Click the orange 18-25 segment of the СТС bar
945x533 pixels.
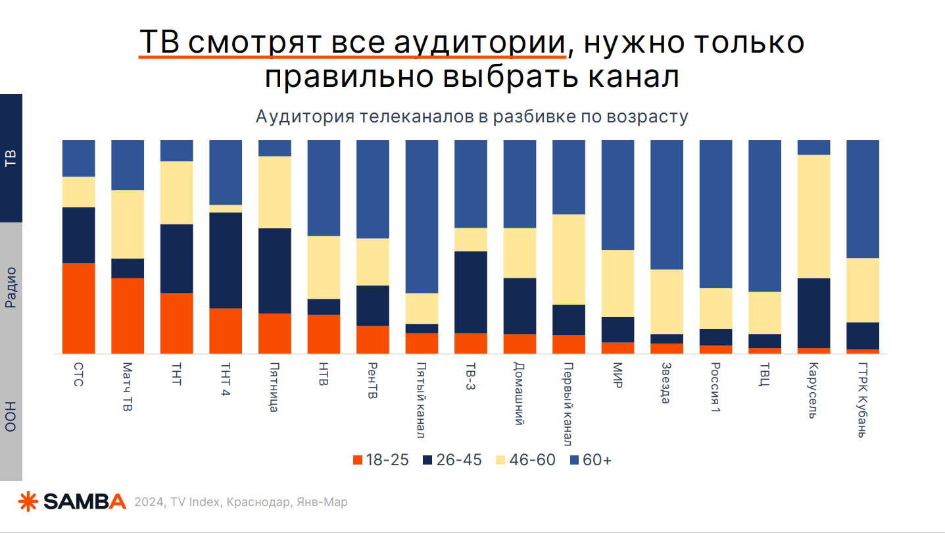pyautogui.click(x=78, y=308)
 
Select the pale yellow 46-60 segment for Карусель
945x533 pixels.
pyautogui.click(x=813, y=216)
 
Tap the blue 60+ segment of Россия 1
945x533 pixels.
pyautogui.click(x=715, y=214)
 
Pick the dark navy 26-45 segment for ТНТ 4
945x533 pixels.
pyautogui.click(x=226, y=260)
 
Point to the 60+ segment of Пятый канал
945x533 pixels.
pyautogui.click(x=422, y=216)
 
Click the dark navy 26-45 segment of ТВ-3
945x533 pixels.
pyautogui.click(x=471, y=292)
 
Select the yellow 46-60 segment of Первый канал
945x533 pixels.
pyautogui.click(x=569, y=259)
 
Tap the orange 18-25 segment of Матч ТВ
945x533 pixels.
pyautogui.click(x=128, y=316)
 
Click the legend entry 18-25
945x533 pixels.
pyautogui.click(x=381, y=460)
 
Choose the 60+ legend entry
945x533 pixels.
pyautogui.click(x=590, y=460)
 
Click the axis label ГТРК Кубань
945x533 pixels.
pyautogui.click(x=863, y=399)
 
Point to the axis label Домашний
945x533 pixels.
pyautogui.click(x=520, y=393)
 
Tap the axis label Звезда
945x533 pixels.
pyautogui.click(x=666, y=382)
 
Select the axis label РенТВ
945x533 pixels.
pyautogui.click(x=372, y=380)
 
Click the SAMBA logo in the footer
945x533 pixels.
pyautogui.click(x=72, y=501)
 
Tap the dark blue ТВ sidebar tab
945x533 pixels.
pyautogui.click(x=11, y=158)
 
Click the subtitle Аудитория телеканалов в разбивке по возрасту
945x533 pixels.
pyautogui.click(x=472, y=117)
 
